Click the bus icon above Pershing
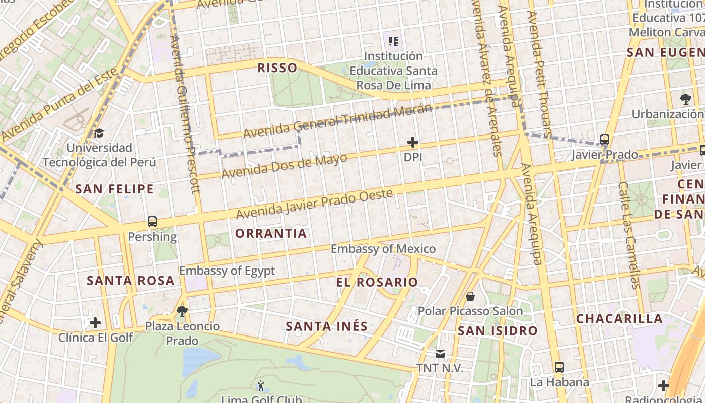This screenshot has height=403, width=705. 152,222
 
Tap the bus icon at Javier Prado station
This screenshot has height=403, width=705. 605,140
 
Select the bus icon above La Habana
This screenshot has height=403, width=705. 559,367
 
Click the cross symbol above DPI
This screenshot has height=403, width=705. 413,143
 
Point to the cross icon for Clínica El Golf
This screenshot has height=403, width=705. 95,322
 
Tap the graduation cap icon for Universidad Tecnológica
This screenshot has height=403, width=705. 99,133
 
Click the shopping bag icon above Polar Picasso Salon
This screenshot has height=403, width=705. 470,296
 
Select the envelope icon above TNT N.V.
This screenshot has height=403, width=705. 440,354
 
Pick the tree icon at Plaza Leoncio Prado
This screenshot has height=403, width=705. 182,311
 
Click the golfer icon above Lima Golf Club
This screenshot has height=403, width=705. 261,386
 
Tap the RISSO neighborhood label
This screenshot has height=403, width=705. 277,68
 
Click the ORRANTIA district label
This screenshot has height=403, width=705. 271,233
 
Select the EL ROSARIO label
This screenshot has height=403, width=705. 377,282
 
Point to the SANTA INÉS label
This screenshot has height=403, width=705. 327,326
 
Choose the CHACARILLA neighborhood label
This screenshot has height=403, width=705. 619,319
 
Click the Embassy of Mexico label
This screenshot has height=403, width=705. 383,249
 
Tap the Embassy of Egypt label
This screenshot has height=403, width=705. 227,271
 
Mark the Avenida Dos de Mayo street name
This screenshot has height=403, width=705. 285,166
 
